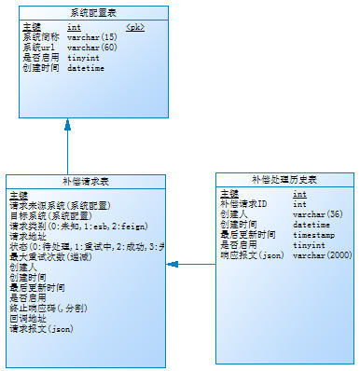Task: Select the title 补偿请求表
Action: tap(86, 182)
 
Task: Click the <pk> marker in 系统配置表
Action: tap(134, 28)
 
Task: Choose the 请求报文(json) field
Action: tap(41, 328)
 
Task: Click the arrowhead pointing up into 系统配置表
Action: tap(67, 122)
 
